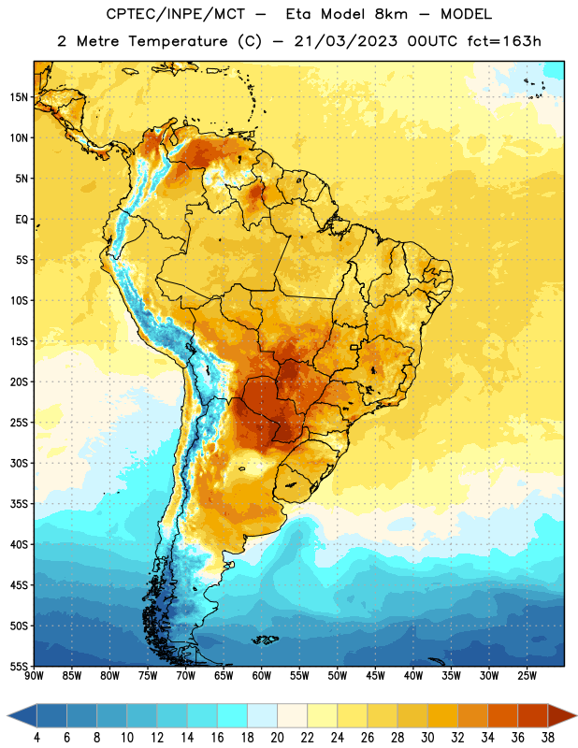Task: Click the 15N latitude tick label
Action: point(19,97)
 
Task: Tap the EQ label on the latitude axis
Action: point(22,220)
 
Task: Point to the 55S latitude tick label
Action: point(19,666)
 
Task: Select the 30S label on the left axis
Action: point(19,463)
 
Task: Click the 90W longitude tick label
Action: point(35,675)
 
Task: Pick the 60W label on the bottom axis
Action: point(262,675)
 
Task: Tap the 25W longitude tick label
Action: point(527,675)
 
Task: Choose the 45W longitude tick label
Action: point(375,675)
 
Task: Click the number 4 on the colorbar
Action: point(36,738)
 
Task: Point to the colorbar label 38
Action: point(548,738)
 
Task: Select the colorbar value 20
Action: point(277,738)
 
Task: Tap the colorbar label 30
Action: point(427,738)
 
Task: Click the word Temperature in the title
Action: point(178,41)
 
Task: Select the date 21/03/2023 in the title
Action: point(345,41)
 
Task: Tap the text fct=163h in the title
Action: point(504,41)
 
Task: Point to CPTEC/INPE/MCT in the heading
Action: point(175,14)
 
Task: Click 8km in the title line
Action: point(391,14)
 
